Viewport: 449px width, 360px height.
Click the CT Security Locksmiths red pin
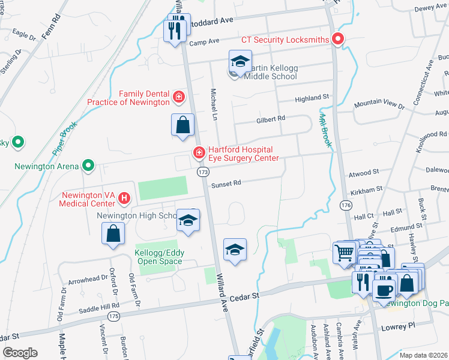[x=337, y=40]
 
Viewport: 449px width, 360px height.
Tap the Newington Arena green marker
[x=88, y=164]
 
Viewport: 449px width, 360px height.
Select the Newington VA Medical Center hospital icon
[x=124, y=197]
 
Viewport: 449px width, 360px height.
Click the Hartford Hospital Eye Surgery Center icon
[x=198, y=154]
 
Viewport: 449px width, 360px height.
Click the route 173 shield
[x=203, y=172]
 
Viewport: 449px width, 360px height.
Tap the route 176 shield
[x=345, y=206]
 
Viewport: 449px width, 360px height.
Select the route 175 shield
[x=112, y=316]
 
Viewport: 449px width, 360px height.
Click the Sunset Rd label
[x=226, y=185]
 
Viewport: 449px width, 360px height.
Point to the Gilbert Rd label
[x=270, y=119]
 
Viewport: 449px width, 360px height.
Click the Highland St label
[x=312, y=97]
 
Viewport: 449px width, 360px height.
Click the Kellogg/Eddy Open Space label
[x=159, y=257]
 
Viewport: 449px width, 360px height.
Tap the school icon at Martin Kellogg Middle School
[x=240, y=62]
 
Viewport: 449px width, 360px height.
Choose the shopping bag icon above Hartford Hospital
[x=183, y=125]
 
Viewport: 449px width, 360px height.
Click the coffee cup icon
[x=384, y=290]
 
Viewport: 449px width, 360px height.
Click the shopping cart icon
[x=344, y=253]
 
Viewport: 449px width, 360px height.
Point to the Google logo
[x=20, y=353]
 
